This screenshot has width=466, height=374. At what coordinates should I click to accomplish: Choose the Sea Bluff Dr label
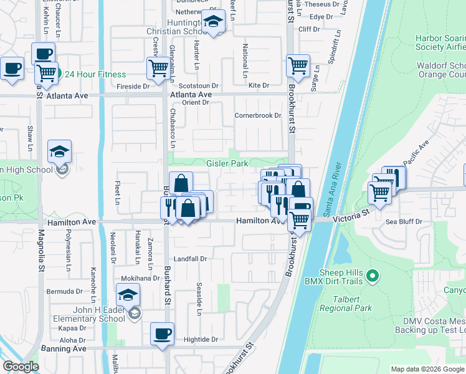[x=404, y=221]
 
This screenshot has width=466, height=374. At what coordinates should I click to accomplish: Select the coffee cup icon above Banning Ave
[x=162, y=333]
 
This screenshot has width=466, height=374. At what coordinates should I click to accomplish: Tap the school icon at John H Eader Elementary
[x=128, y=294]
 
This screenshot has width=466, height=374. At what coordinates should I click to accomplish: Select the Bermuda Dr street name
[x=65, y=291]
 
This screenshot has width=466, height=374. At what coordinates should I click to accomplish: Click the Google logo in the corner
[x=21, y=367]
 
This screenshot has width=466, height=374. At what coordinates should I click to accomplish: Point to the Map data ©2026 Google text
[x=427, y=369]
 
